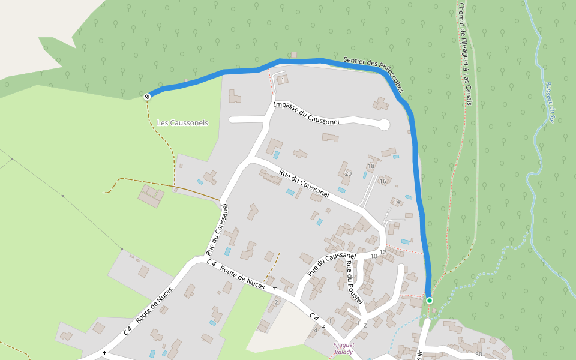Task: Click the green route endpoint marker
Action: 429,300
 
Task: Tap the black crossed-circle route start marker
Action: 147,96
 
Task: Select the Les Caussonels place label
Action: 182,123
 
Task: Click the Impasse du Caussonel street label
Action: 306,113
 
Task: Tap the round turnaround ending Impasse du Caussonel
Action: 384,125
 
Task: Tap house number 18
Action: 371,166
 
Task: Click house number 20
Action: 348,174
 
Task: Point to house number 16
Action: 383,181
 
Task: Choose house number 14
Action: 396,202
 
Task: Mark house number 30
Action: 478,355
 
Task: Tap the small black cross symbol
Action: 104,353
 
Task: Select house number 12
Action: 382,252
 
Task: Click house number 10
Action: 373,256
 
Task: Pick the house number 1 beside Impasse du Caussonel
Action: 283,80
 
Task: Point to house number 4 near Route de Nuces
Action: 316,330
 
